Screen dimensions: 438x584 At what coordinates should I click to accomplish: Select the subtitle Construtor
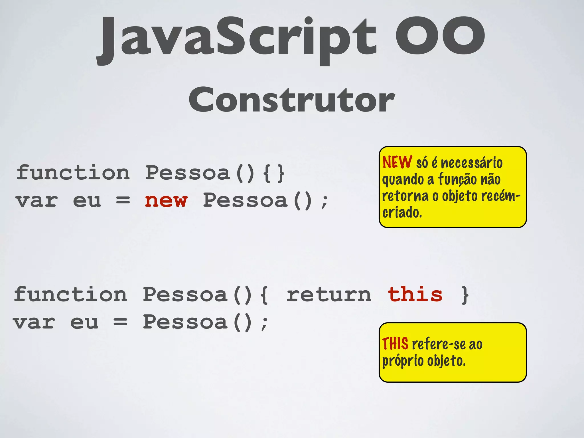292,100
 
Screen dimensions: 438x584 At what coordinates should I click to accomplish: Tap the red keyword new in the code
166,200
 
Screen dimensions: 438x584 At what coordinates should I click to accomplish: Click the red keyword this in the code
415,295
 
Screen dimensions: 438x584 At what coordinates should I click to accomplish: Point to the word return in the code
329,295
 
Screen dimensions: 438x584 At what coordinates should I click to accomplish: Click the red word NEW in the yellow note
397,162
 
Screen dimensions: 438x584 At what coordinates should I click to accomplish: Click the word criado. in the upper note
402,213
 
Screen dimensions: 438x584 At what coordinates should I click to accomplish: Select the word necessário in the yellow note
472,163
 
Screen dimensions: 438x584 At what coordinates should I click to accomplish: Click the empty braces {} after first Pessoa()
274,173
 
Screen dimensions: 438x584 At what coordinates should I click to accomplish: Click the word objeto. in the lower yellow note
446,361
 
